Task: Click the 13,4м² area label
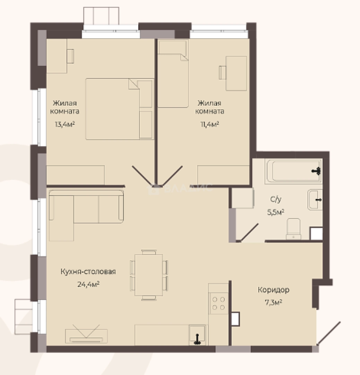[x=65, y=124]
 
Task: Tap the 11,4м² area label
[x=209, y=124]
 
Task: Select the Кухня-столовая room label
[x=88, y=272]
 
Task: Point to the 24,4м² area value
[x=88, y=284]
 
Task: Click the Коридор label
[x=274, y=290]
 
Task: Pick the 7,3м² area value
[x=274, y=302]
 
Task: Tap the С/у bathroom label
[x=276, y=199]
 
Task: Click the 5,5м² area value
[x=276, y=212]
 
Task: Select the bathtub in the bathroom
[x=294, y=171]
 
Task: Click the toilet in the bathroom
[x=294, y=228]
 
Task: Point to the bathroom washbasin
[x=315, y=200]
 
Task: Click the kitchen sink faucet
[x=197, y=339]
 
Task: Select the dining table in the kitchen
[x=148, y=275]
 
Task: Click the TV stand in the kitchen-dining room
[x=86, y=336]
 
